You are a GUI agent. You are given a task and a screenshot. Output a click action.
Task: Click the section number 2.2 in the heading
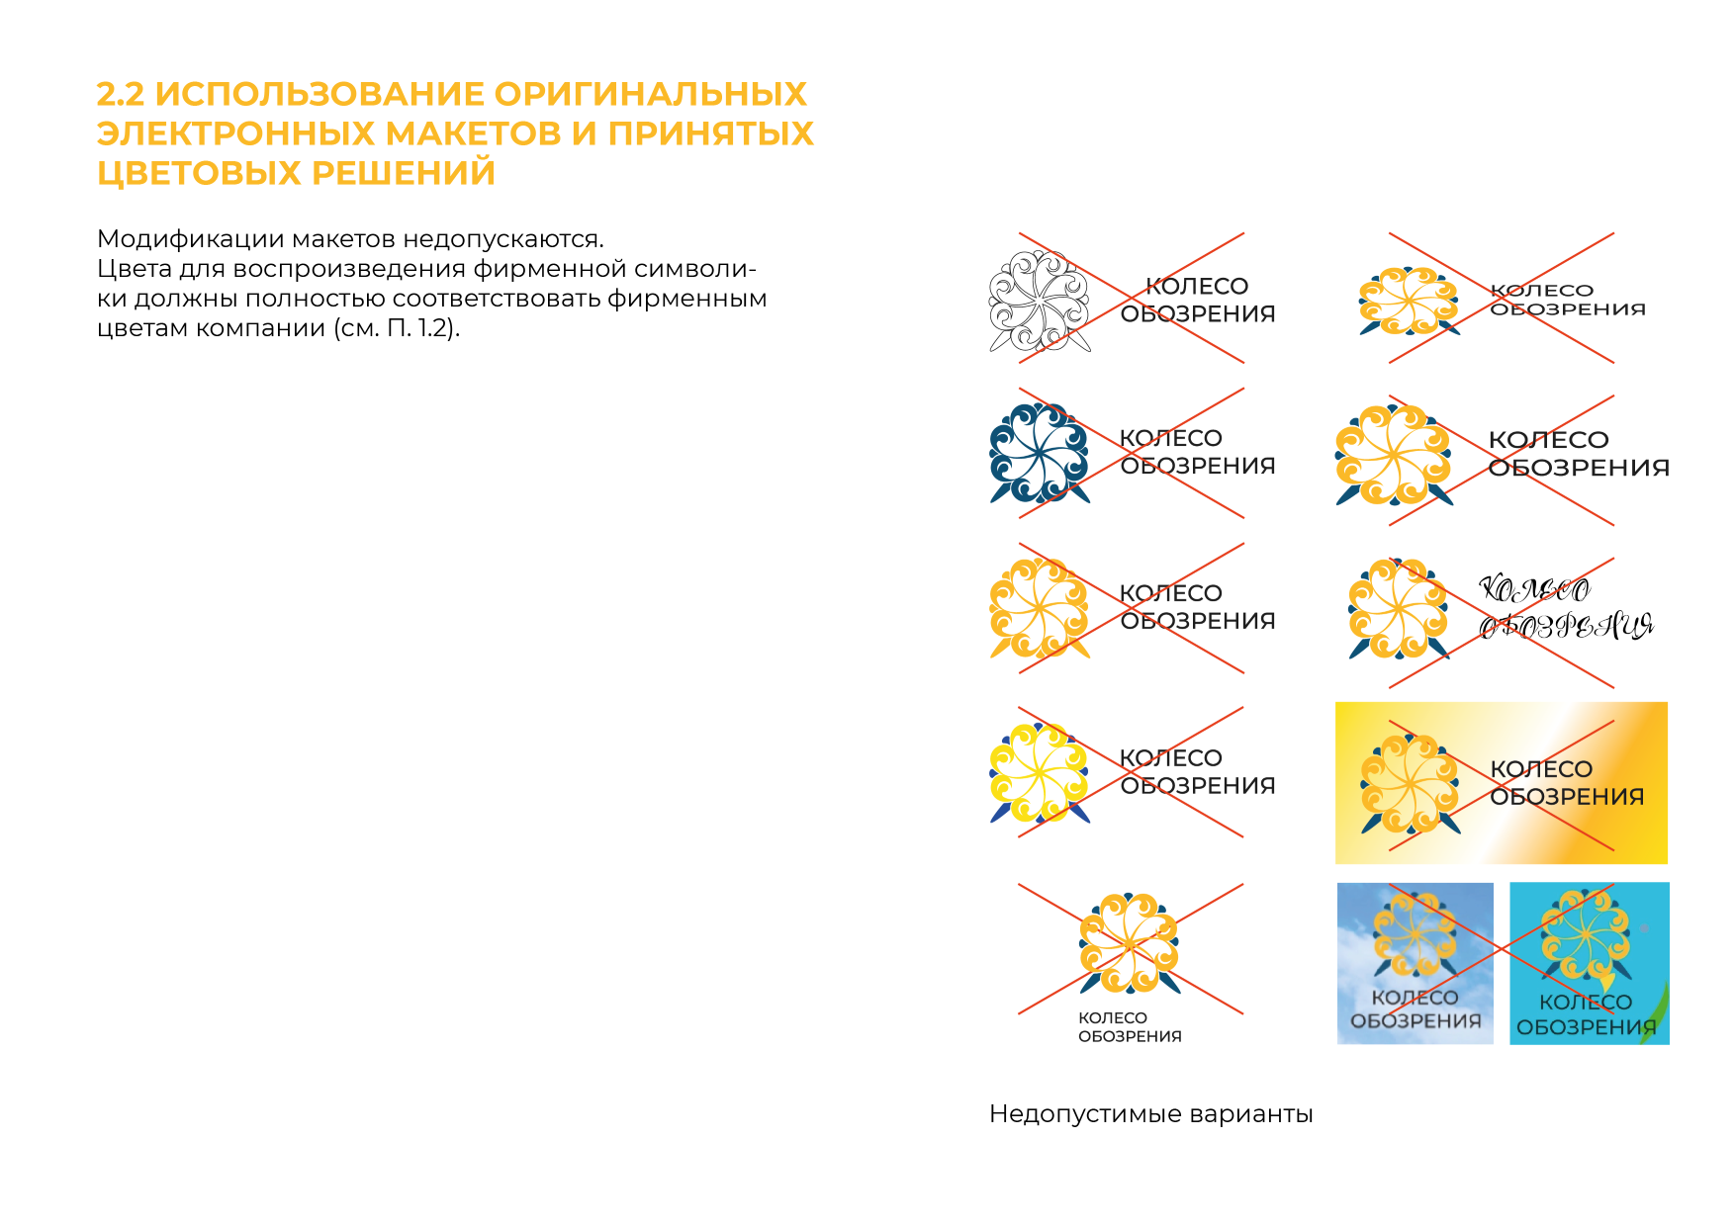121,94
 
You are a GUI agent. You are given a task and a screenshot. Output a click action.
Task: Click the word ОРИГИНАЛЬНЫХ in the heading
650,94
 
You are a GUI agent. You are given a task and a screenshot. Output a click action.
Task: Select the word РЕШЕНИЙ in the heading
404,173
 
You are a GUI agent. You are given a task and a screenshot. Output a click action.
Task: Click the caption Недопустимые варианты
1150,1114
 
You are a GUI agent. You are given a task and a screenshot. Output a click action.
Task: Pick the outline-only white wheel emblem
1039,301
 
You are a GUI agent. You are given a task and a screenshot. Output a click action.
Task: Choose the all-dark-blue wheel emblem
1039,454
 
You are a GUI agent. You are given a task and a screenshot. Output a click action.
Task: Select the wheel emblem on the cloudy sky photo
1415,934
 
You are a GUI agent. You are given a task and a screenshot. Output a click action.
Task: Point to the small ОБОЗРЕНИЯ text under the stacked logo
1130,1036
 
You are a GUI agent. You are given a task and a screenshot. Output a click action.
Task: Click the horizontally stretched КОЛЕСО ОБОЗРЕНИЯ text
1568,300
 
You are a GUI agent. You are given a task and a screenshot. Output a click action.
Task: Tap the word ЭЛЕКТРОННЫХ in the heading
235,133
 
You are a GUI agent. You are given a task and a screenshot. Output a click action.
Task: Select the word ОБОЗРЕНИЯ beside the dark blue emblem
1198,466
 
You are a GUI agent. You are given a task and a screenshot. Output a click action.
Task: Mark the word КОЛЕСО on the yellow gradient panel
1541,769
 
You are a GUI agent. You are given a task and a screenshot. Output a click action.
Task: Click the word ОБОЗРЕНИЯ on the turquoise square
1587,1027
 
